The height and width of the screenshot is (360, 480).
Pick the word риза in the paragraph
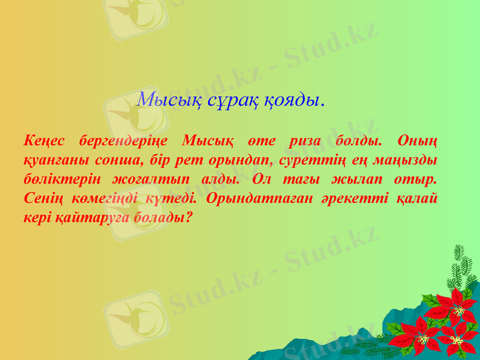click(304, 142)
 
